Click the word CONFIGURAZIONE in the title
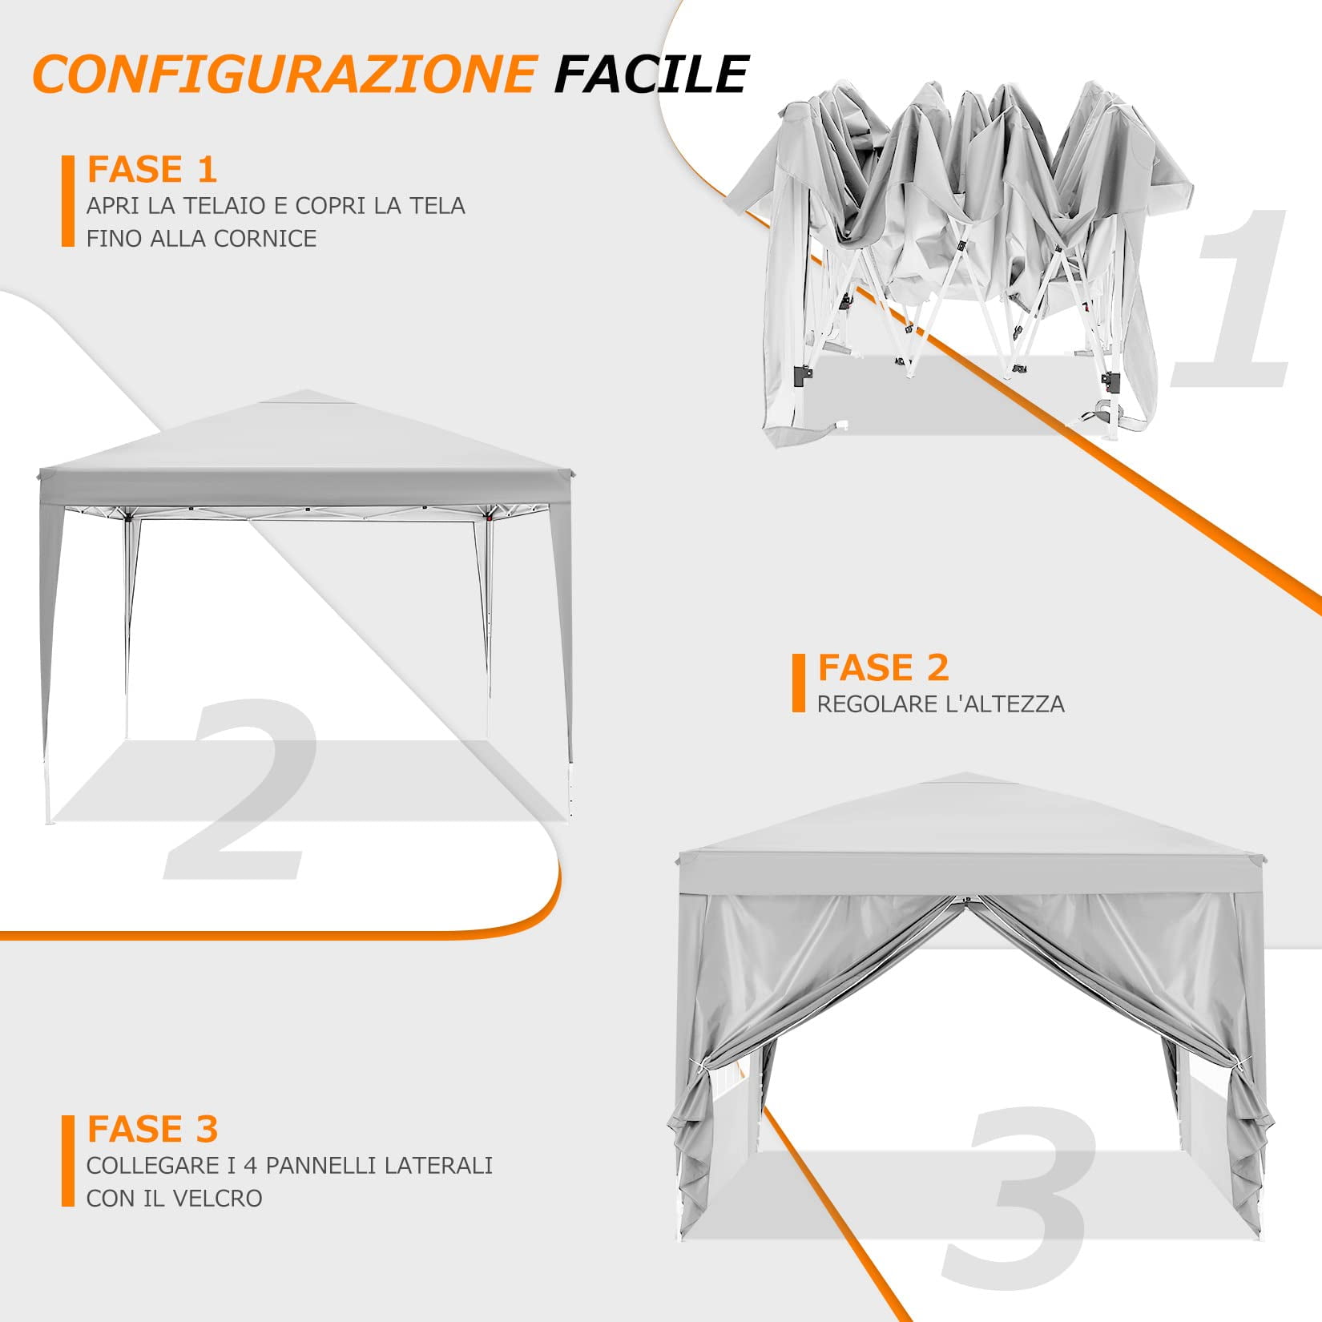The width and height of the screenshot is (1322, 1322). [x=284, y=74]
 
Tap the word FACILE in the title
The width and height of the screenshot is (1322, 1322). [x=651, y=74]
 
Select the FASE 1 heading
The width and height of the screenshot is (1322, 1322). [x=152, y=170]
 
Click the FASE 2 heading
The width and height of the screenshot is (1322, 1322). [x=883, y=667]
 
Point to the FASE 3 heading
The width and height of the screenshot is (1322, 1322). [x=152, y=1129]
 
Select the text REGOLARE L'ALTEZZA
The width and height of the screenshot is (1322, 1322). [x=941, y=704]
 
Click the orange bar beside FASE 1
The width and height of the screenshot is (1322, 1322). [x=67, y=201]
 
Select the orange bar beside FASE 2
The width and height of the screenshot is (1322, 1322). [x=798, y=683]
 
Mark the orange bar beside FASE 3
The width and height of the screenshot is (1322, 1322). [x=67, y=1160]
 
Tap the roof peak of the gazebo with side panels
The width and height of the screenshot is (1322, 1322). [x=965, y=776]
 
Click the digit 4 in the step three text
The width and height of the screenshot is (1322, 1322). [x=250, y=1165]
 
